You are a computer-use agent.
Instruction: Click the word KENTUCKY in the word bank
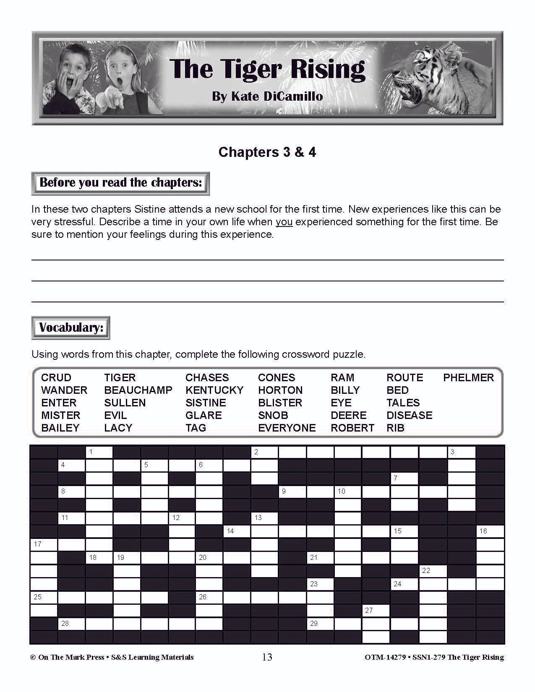coord(214,390)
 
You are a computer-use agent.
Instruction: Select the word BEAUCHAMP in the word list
coord(138,390)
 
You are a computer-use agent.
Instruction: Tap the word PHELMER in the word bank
coord(468,377)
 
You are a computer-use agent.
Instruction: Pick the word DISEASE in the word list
coord(409,415)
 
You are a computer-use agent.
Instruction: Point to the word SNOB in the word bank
coord(273,415)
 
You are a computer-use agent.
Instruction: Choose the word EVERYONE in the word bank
coord(287,428)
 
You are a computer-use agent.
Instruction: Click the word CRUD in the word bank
coord(56,377)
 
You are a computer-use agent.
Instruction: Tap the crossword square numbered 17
coord(43,544)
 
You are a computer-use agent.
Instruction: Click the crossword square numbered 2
coord(264,452)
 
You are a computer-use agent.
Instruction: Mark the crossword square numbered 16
coord(489,531)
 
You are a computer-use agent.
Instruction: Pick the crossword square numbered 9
coord(292,492)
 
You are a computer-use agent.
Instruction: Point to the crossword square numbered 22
coord(433,571)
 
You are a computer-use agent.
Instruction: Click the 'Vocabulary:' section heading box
coord(70,328)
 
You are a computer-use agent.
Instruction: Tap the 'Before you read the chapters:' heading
coord(120,183)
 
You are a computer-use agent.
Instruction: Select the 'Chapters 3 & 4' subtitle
coord(267,152)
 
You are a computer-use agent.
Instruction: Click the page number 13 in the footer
coord(267,657)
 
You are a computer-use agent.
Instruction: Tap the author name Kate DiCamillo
coord(267,96)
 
